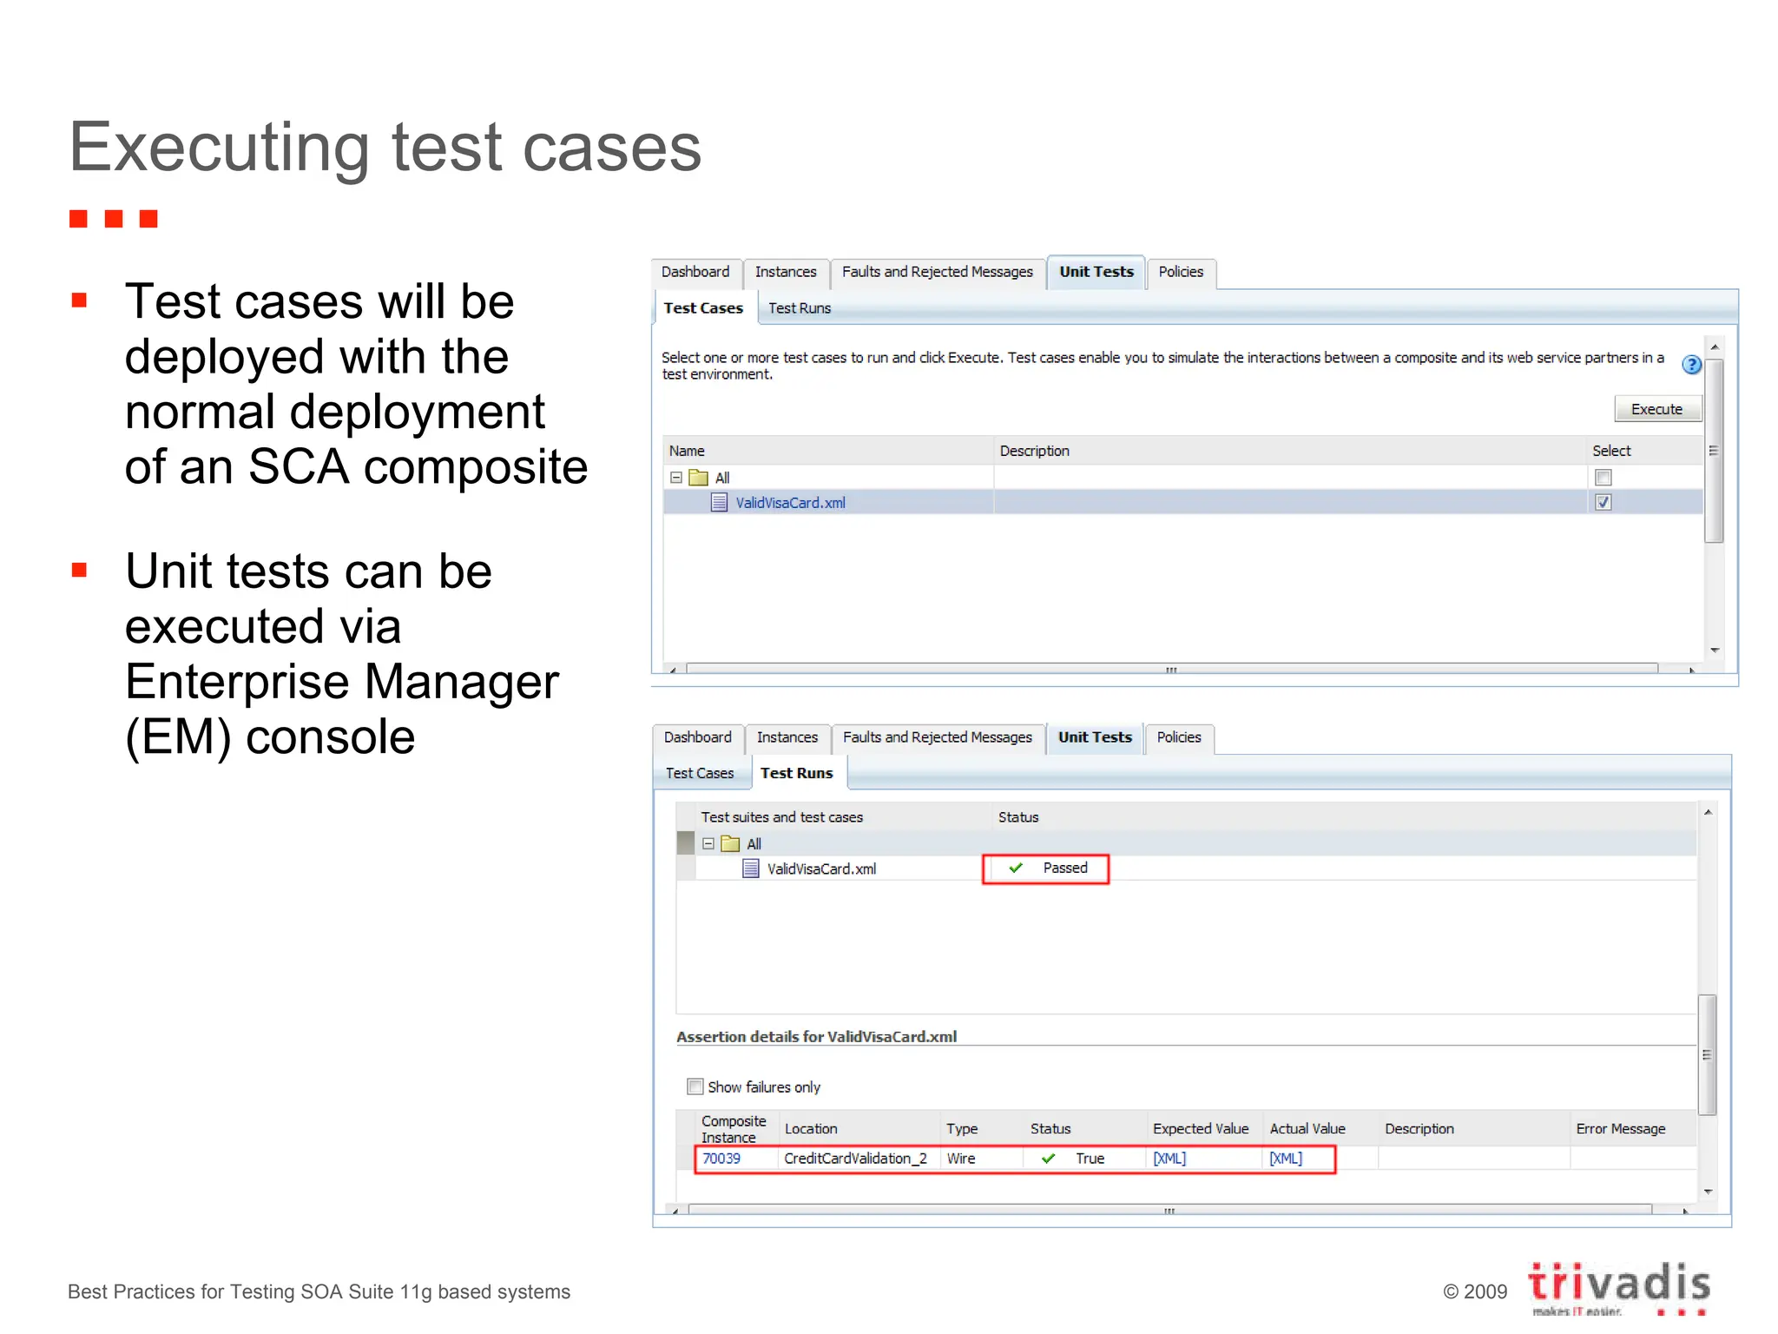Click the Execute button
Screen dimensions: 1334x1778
point(1656,409)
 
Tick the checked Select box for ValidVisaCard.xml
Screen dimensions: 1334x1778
point(1603,502)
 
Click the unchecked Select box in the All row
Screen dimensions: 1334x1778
point(1603,477)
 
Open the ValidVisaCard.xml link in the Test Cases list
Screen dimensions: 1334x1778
point(790,503)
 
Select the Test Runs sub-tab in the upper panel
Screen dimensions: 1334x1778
point(799,308)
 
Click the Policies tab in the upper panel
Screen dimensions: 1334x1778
point(1181,272)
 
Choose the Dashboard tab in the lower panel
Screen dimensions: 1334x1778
point(697,737)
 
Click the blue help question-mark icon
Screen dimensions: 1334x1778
point(1691,365)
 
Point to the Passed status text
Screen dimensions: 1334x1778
point(1064,868)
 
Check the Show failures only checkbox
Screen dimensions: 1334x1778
point(695,1086)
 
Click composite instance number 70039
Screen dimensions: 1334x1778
point(721,1159)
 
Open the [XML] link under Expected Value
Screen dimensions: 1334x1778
point(1169,1159)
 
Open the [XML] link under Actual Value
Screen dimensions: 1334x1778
point(1286,1159)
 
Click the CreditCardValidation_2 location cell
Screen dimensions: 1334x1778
point(855,1159)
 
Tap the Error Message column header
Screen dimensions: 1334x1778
point(1620,1129)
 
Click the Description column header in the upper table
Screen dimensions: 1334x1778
point(1034,451)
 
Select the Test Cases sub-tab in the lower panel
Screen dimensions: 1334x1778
point(700,773)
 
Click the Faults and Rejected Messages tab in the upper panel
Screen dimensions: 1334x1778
point(937,272)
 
